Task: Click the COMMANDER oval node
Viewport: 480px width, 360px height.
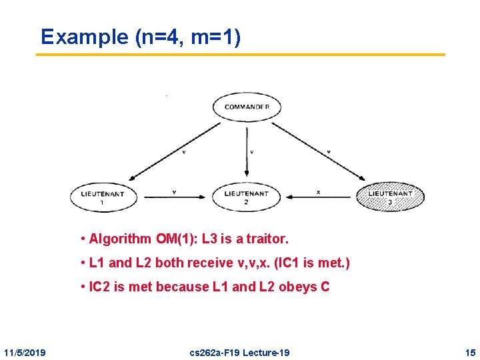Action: click(247, 107)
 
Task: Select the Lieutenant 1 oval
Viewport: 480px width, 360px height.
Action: click(102, 197)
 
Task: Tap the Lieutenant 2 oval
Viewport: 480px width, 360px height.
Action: click(246, 196)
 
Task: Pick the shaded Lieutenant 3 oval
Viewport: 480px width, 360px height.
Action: click(390, 197)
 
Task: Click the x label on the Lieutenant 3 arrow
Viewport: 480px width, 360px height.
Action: click(318, 191)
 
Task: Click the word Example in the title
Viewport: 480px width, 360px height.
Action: click(85, 37)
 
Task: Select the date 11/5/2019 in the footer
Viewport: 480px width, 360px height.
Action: click(25, 352)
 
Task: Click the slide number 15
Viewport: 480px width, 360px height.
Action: click(470, 352)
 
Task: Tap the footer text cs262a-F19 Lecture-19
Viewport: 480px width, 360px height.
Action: click(240, 352)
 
